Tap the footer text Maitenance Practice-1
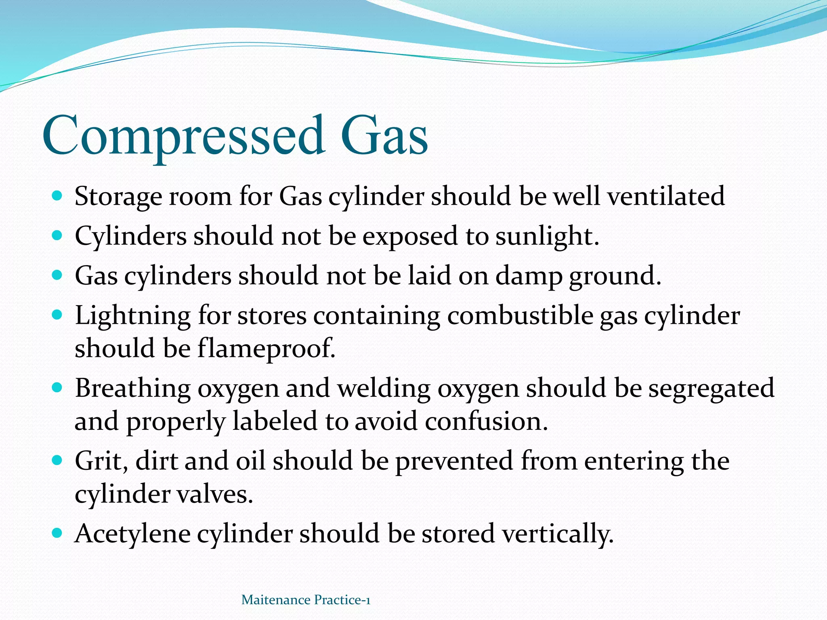tap(306, 600)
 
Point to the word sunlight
tap(547, 236)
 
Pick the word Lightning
tap(132, 316)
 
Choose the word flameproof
tap(266, 348)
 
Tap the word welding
tap(384, 388)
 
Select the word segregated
tap(712, 389)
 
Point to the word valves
tap(214, 494)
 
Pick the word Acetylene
tap(132, 534)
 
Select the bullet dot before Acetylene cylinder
tap(57, 533)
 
